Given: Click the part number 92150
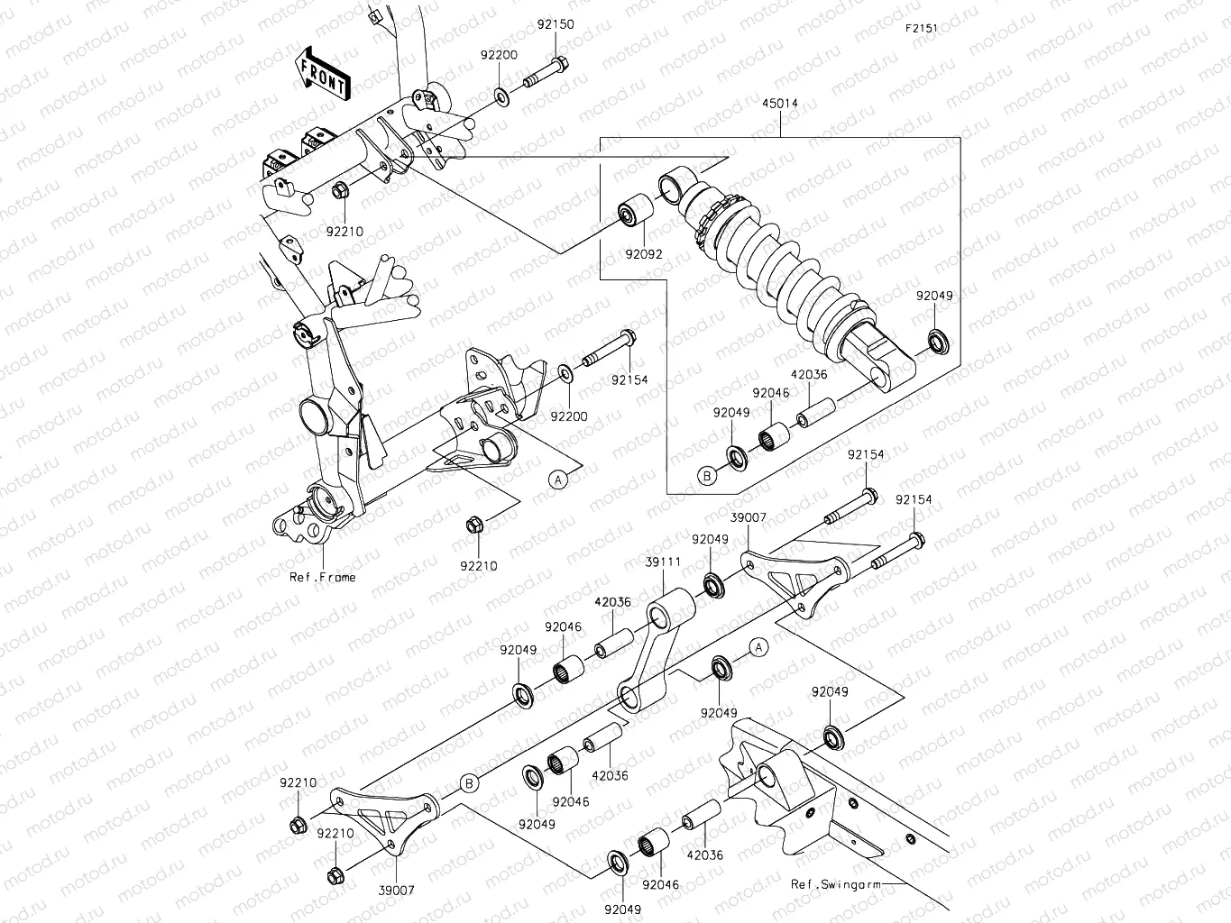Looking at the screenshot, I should pyautogui.click(x=556, y=25).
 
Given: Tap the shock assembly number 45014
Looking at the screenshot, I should pyautogui.click(x=779, y=104).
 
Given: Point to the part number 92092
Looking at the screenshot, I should pyautogui.click(x=644, y=254).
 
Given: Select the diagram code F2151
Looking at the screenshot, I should pyautogui.click(x=922, y=28).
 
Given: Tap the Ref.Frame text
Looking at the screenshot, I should pyautogui.click(x=322, y=577).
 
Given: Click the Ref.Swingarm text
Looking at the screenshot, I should pyautogui.click(x=836, y=884).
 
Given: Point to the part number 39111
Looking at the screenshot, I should pyautogui.click(x=663, y=562).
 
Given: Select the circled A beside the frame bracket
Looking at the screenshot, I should pyautogui.click(x=559, y=480).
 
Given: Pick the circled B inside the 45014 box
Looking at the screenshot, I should pyautogui.click(x=707, y=476).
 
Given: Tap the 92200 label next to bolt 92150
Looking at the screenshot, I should pyautogui.click(x=499, y=55).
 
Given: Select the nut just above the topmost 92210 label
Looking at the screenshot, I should pyautogui.click(x=341, y=190).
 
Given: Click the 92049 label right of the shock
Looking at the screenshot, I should pyautogui.click(x=934, y=296).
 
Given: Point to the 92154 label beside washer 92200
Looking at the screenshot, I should pyautogui.click(x=629, y=380).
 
